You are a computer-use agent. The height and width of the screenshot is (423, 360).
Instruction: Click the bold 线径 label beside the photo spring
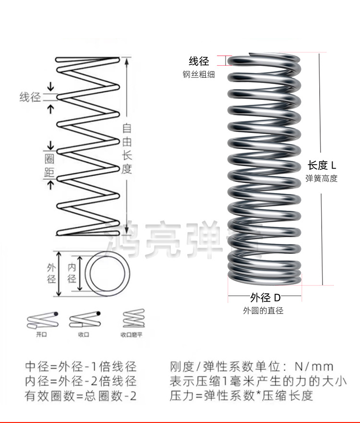199,61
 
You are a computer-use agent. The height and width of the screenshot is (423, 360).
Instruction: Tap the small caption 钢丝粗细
198,74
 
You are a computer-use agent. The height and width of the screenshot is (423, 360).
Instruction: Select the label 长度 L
322,166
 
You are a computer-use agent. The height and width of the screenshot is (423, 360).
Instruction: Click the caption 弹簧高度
322,179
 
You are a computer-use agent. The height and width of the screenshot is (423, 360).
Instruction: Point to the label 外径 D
265,297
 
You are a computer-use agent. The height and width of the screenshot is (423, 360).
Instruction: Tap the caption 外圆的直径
263,311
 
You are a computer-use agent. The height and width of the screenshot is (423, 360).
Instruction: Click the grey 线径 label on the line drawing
30,97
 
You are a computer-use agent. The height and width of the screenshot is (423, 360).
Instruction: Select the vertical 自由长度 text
127,149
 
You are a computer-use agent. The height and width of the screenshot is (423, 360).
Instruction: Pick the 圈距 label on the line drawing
49,166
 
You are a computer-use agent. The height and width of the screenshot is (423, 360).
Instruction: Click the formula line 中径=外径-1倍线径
81,367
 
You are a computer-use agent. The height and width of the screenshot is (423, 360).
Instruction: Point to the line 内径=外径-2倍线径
81,382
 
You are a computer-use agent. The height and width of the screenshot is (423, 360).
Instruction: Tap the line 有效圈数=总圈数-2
81,396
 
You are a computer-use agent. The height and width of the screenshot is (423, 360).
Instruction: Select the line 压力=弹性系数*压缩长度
241,396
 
